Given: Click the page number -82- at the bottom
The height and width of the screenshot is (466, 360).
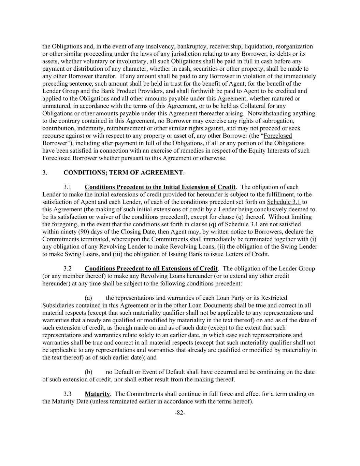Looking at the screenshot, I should [180, 413].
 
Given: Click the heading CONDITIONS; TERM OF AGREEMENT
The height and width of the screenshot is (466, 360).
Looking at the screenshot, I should [123, 172].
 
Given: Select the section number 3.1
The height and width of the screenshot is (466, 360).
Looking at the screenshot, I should [68, 187].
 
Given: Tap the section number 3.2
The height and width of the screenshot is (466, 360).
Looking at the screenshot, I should [68, 268].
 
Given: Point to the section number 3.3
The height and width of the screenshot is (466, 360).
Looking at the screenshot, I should [68, 394].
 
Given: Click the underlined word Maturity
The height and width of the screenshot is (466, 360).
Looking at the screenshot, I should [97, 394].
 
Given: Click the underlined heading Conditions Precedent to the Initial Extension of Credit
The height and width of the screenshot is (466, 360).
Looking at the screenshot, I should [160, 187].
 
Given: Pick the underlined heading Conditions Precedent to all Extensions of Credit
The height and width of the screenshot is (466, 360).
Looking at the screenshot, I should [151, 268].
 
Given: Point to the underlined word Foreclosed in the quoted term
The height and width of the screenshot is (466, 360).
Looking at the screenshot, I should [278, 136].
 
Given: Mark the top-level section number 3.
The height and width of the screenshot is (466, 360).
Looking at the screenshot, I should [44, 172].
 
